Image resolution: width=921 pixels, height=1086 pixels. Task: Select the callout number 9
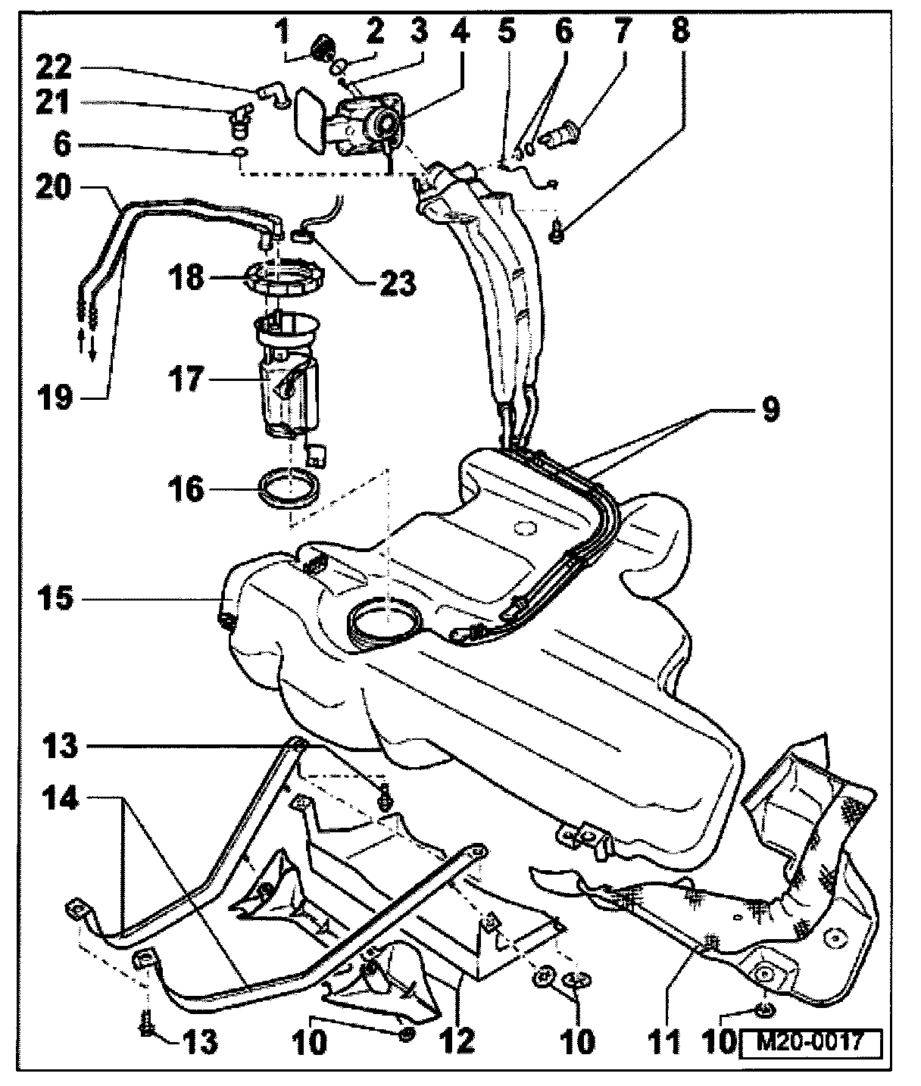tap(769, 410)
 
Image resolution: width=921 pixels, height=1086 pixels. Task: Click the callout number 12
tap(457, 1041)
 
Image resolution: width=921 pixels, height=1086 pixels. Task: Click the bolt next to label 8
tap(556, 236)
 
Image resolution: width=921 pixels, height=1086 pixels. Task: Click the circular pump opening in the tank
tap(385, 621)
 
